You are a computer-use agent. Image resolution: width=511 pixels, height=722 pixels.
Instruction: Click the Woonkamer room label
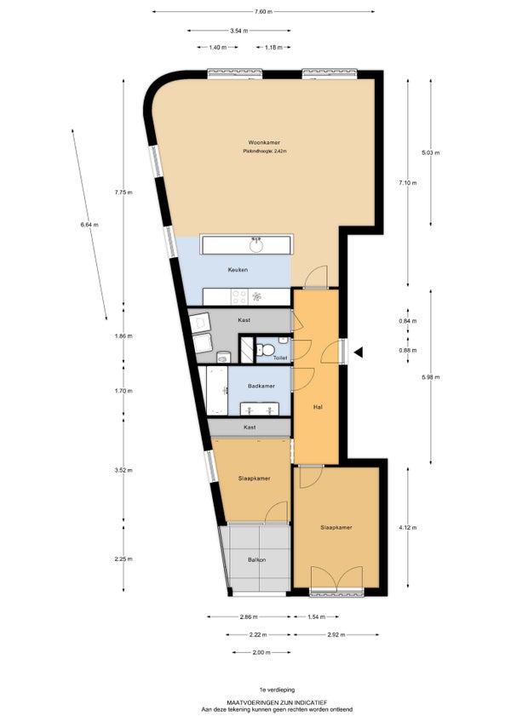(x=264, y=143)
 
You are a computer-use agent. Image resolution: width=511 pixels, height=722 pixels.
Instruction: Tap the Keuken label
(x=238, y=270)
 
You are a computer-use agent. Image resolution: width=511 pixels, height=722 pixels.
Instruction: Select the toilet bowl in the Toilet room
(x=266, y=350)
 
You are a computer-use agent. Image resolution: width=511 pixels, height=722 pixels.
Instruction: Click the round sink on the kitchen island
(x=256, y=246)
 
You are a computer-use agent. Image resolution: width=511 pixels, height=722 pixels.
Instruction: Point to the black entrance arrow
(x=358, y=352)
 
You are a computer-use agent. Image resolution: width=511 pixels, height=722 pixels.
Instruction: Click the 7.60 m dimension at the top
(x=263, y=12)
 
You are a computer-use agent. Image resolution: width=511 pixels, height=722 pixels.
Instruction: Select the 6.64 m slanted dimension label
(x=89, y=225)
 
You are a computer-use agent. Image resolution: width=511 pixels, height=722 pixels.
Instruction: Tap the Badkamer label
(x=261, y=386)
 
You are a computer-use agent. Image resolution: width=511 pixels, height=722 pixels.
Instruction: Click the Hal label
(x=318, y=407)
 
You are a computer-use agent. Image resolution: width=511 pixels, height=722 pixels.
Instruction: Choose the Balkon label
(x=256, y=560)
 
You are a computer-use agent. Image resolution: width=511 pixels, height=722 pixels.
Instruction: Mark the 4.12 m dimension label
(x=407, y=528)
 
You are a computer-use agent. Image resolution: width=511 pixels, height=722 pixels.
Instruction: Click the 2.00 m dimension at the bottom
(x=261, y=652)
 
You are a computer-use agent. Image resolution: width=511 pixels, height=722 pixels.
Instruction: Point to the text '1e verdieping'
(x=277, y=690)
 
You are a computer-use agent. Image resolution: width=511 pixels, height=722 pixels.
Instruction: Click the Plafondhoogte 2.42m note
(x=265, y=151)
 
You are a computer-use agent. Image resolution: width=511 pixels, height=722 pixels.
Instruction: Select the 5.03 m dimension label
(x=430, y=152)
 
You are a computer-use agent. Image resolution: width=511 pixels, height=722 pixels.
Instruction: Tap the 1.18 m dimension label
(x=273, y=47)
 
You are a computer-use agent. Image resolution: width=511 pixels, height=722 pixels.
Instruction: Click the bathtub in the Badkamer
(x=217, y=391)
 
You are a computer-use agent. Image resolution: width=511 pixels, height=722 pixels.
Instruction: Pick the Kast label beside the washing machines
(x=244, y=320)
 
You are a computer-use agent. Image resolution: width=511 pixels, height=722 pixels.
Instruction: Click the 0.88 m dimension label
(x=407, y=351)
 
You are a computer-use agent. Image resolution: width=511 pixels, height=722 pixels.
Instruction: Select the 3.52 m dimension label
(x=123, y=471)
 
